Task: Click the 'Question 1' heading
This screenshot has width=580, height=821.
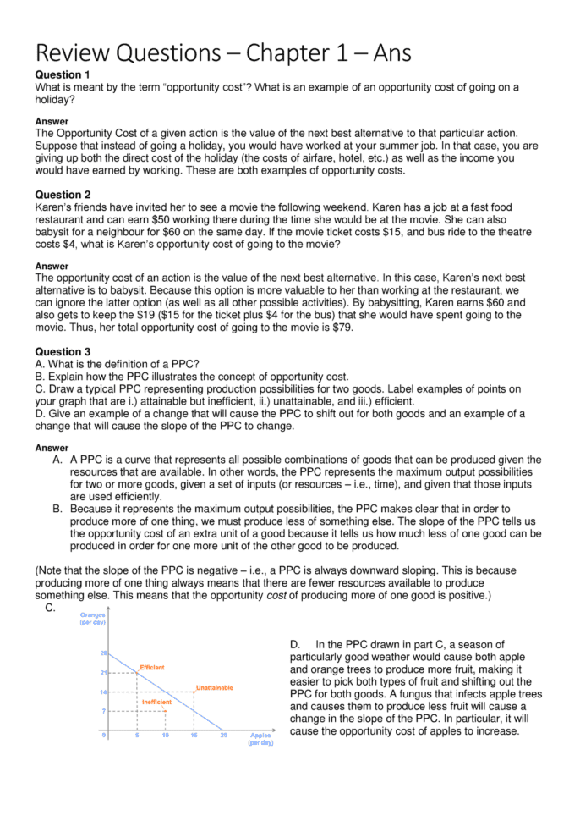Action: click(x=63, y=75)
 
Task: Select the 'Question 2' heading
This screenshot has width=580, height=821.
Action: click(x=63, y=195)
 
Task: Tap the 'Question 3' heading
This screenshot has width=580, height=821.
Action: click(x=63, y=351)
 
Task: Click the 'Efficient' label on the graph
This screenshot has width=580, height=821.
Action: click(x=151, y=668)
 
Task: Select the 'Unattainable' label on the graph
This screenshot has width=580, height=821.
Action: click(x=214, y=687)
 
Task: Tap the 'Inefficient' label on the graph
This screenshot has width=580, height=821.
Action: click(x=156, y=702)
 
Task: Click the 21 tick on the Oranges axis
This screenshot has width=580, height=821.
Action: click(x=103, y=673)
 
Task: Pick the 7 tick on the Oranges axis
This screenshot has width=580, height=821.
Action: click(x=104, y=711)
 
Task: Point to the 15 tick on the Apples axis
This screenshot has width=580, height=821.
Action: click(x=194, y=735)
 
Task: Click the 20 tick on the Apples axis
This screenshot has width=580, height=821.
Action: click(x=224, y=735)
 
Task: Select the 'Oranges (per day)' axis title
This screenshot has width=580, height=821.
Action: click(x=92, y=619)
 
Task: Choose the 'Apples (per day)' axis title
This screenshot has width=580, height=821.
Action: click(x=260, y=739)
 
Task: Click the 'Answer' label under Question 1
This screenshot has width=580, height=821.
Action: click(x=52, y=121)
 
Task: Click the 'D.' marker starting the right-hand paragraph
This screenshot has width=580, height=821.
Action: click(x=297, y=645)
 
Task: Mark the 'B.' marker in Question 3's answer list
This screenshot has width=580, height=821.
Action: click(x=57, y=510)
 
